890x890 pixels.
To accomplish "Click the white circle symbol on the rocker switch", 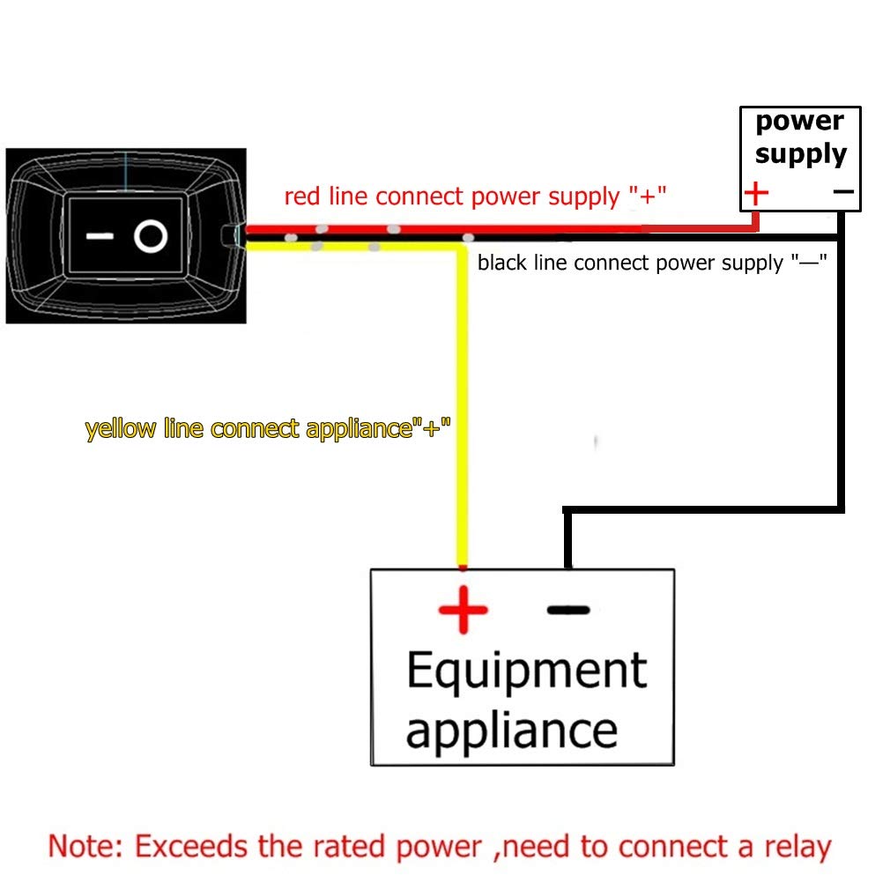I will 151,237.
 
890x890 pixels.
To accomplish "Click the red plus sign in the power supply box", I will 756,192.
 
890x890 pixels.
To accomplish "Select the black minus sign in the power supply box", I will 842,191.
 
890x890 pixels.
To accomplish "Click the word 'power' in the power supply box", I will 799,122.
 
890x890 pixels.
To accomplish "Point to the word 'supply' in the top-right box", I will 800,154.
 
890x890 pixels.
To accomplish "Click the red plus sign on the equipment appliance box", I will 463,610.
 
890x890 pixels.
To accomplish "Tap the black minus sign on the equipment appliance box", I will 568,609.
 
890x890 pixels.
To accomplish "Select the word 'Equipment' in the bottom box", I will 526,672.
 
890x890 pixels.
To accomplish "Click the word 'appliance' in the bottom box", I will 511,731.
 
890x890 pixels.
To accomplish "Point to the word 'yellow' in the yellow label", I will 121,429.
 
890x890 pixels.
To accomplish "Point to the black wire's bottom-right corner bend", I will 840,508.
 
